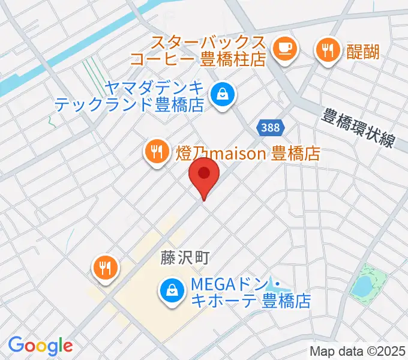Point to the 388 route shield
tap(271, 127)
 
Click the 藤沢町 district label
tap(184, 258)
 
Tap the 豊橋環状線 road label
tap(358, 127)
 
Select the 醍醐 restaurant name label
tap(363, 52)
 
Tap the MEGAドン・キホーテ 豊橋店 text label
tap(251, 292)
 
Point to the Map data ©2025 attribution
tap(358, 351)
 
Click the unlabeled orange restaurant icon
tap(106, 268)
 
